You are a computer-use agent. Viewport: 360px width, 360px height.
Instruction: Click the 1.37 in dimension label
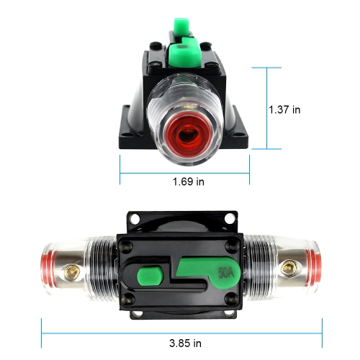click(x=284, y=109)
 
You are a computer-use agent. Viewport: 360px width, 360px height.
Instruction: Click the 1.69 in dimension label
click(x=189, y=181)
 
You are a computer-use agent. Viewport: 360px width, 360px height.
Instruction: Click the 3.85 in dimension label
click(x=185, y=343)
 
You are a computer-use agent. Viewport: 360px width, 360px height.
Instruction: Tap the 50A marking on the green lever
click(x=226, y=273)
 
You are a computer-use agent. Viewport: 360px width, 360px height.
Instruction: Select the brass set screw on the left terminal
click(x=71, y=272)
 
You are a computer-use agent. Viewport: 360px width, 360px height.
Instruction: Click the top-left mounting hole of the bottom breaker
click(x=135, y=218)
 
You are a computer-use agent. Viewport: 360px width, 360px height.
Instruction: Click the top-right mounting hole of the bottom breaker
click(x=230, y=218)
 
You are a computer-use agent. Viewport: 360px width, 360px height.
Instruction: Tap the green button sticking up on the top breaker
click(x=181, y=27)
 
